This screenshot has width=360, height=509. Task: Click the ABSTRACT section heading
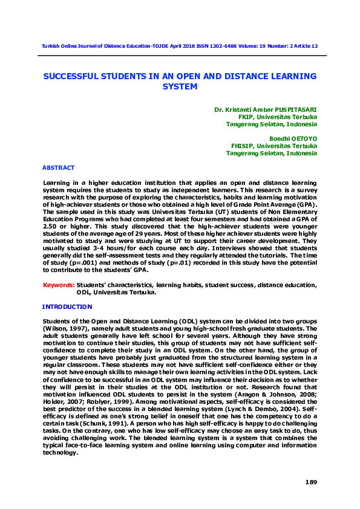(58, 167)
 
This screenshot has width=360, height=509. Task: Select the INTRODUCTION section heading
(67, 307)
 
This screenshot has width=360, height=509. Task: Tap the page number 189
(310, 481)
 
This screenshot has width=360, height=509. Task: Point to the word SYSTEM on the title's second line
(180, 86)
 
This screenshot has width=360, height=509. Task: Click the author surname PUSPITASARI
(293, 110)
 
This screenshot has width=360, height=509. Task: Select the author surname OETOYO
(303, 138)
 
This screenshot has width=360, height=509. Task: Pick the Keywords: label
(58, 285)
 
